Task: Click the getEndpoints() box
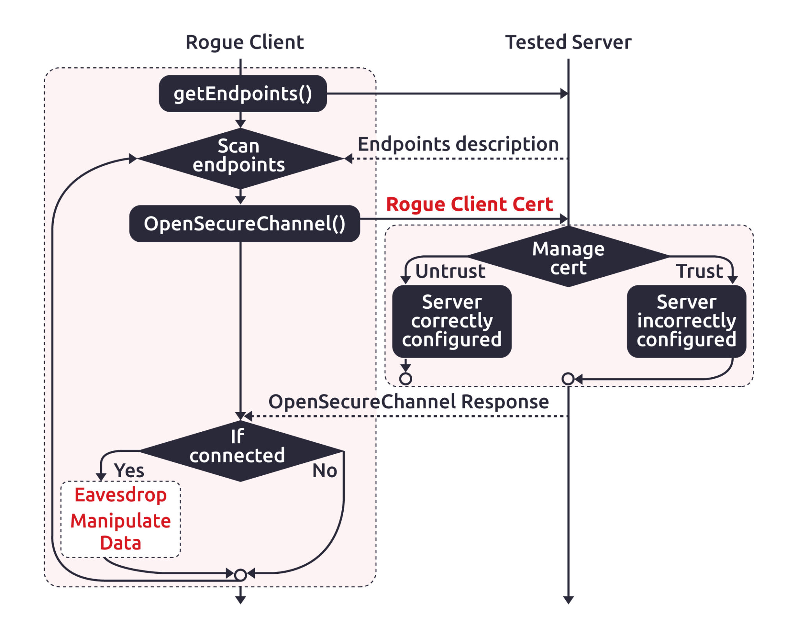point(242,94)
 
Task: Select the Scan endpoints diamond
point(239,157)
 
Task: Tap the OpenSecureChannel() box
point(244,224)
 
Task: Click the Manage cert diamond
point(568,257)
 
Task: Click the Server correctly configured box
point(452,321)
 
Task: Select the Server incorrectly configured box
point(686,321)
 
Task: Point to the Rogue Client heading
point(244,42)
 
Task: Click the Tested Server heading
point(568,42)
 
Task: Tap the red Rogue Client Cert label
point(469,204)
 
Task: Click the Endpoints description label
point(458,144)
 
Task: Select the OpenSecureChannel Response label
point(408,401)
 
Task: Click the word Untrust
point(450,271)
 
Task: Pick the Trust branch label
point(699,271)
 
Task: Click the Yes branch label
point(129,470)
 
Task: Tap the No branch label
point(324,471)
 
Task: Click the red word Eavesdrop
point(121,495)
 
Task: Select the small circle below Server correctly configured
point(406,378)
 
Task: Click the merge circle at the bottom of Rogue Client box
point(241,575)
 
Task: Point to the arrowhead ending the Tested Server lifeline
point(568,600)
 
